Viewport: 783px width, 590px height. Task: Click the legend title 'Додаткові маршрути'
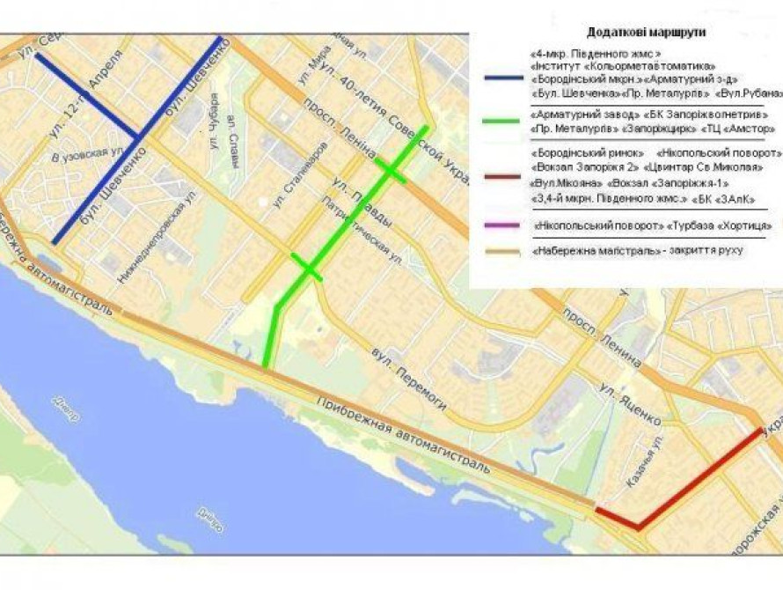[652, 33]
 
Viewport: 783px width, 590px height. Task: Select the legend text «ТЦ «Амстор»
[733, 129]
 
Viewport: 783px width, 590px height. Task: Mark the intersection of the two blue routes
[138, 136]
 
